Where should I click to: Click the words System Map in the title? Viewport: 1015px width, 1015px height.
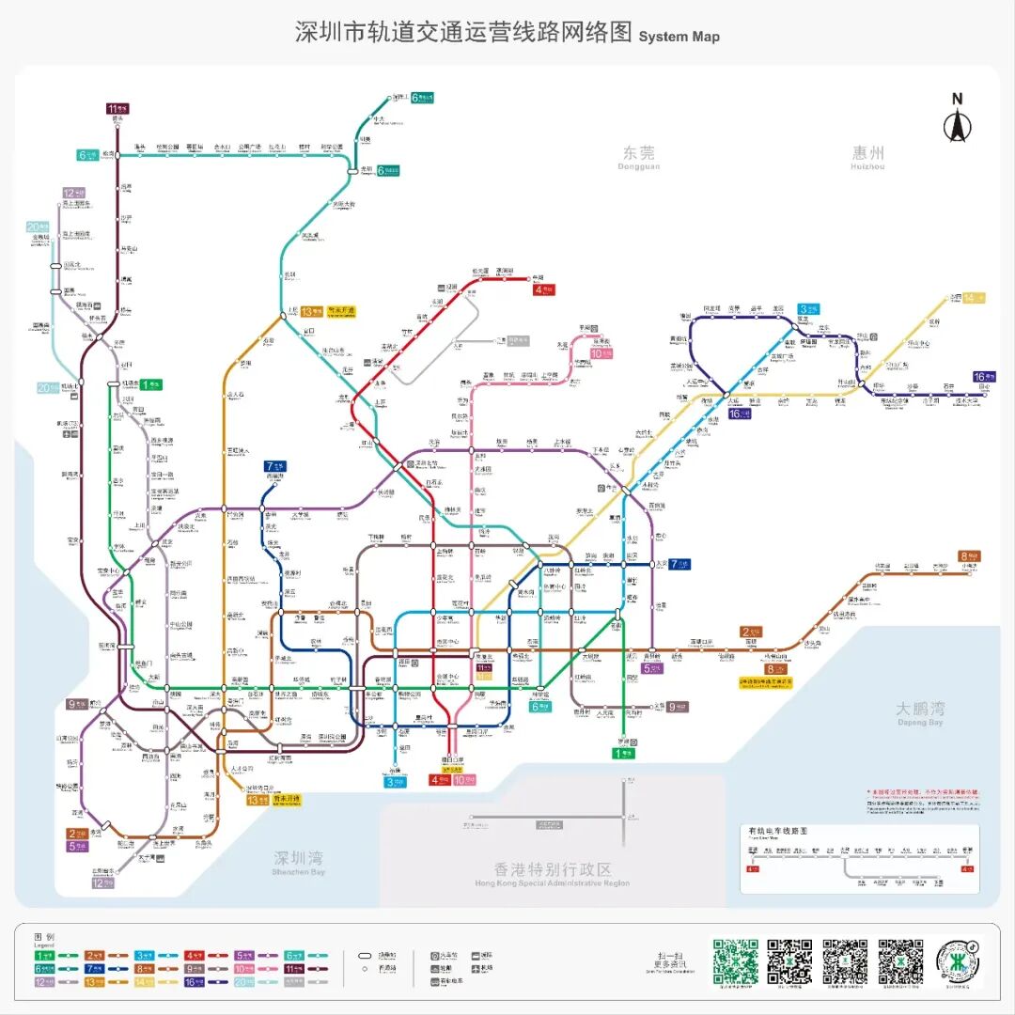coord(679,37)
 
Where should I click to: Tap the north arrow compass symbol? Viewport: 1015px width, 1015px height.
coord(957,120)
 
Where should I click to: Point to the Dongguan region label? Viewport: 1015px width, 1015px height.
coord(639,156)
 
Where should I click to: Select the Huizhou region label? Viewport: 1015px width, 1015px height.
coord(868,156)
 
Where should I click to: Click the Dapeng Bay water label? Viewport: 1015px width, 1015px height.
coord(919,712)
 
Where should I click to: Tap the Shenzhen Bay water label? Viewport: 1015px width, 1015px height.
coord(299,862)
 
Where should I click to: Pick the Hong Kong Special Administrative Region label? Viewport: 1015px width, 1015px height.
coord(553,874)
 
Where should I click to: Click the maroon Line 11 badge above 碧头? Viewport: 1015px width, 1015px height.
coord(117,108)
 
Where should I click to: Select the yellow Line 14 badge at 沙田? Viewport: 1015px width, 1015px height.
coord(975,298)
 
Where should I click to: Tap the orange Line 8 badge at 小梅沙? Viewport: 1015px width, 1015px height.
coord(969,556)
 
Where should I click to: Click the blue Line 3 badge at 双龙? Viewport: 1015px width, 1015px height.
coord(807,308)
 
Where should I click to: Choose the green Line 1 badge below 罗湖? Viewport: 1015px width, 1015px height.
coord(623,752)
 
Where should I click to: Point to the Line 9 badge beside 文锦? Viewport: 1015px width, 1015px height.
coord(677,707)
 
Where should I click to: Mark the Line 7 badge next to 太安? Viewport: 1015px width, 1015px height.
coord(679,564)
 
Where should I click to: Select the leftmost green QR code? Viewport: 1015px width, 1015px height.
coord(735,960)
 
